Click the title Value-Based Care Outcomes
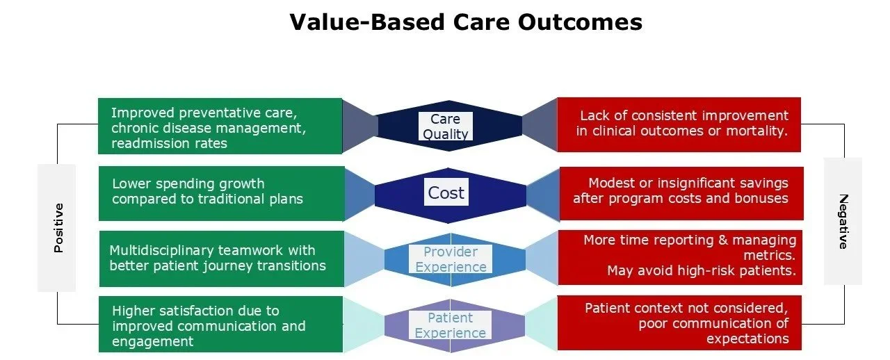click(465, 22)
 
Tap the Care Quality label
click(445, 126)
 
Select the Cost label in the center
click(446, 193)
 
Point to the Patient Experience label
click(450, 325)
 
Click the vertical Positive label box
click(57, 227)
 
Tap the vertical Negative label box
click(843, 221)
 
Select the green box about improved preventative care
click(220, 126)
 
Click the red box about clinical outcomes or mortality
click(679, 124)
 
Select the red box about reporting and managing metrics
click(680, 257)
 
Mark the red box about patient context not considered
click(679, 323)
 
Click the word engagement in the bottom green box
click(152, 341)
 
